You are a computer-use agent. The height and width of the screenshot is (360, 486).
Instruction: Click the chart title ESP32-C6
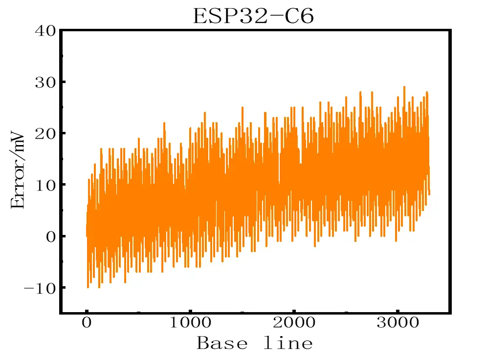tap(253, 16)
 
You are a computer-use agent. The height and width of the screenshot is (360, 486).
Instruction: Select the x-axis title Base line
tap(254, 343)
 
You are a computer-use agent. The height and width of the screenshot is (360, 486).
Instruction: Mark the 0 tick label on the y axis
tap(49, 236)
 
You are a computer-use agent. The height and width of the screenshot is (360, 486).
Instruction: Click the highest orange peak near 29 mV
tap(404, 87)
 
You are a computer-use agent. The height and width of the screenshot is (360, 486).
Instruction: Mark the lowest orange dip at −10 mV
tap(88, 287)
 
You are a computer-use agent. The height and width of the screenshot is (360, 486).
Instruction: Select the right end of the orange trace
tap(429, 194)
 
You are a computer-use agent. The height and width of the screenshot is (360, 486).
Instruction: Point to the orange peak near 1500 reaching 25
tap(242, 108)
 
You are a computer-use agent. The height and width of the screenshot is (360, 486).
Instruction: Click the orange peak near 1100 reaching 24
tap(205, 113)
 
